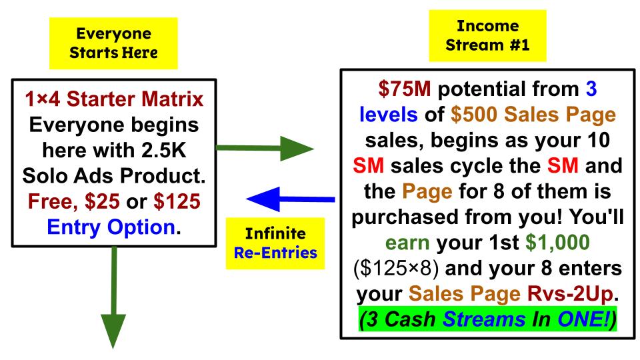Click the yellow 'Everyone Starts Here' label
click(x=113, y=43)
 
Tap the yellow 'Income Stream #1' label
click(x=487, y=35)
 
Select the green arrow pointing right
click(x=265, y=148)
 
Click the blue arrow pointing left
click(x=291, y=199)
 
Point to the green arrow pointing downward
click(x=113, y=297)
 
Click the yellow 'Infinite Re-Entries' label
click(x=275, y=243)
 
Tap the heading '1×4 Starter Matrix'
click(x=114, y=99)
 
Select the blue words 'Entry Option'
click(x=111, y=227)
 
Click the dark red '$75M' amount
click(x=404, y=89)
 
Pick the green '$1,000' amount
click(x=557, y=243)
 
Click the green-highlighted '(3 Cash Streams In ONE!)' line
click(x=488, y=319)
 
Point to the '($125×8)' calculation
click(x=396, y=269)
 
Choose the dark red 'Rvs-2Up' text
click(x=570, y=293)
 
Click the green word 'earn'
click(x=407, y=243)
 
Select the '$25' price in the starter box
click(x=103, y=201)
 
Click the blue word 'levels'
click(x=388, y=115)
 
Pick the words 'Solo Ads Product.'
click(x=114, y=176)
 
